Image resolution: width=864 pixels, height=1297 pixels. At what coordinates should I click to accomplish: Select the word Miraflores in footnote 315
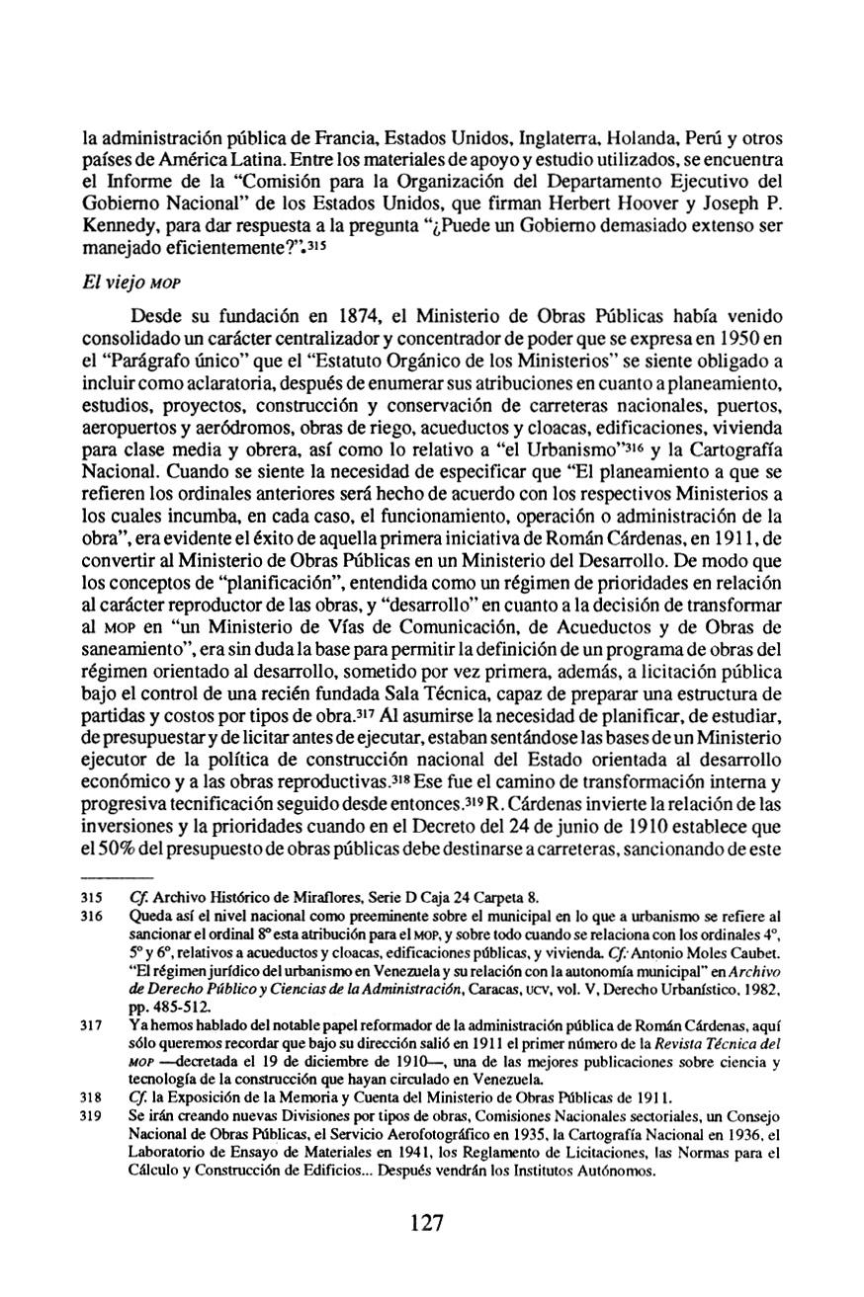coord(301,898)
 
